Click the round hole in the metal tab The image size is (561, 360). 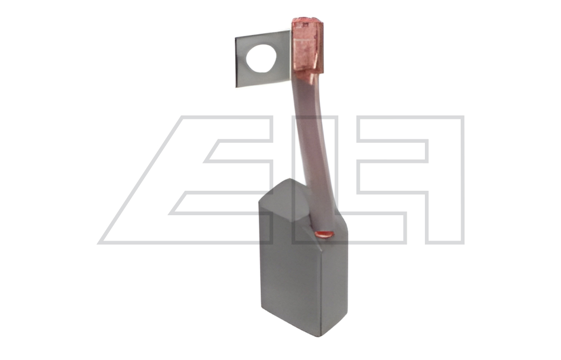pyautogui.click(x=261, y=58)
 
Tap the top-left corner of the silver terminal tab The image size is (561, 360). pyautogui.click(x=235, y=37)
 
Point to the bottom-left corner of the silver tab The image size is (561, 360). pyautogui.click(x=236, y=87)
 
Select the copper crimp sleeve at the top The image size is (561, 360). pyautogui.click(x=308, y=46)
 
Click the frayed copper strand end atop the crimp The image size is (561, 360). pyautogui.click(x=307, y=20)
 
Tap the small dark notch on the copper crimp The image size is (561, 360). pyautogui.click(x=305, y=24)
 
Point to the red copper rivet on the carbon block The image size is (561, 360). pyautogui.click(x=325, y=234)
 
